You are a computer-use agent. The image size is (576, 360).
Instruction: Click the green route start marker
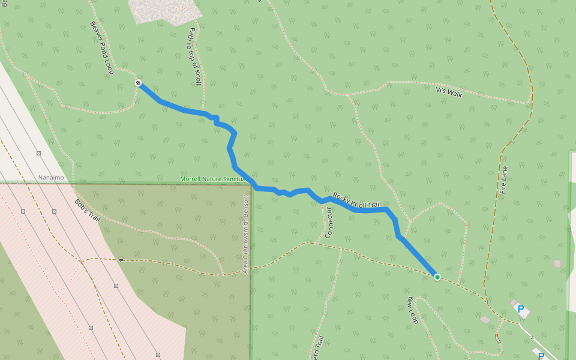(x=437, y=277)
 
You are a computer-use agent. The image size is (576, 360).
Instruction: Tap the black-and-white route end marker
(x=138, y=83)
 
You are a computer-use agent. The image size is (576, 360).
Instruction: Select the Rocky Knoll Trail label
(x=357, y=200)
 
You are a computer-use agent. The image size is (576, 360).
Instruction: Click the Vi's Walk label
(x=449, y=92)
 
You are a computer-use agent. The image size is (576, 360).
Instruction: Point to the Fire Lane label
(x=503, y=180)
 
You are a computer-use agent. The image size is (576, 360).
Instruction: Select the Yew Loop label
(x=412, y=310)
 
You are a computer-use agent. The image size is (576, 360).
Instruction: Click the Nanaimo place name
(x=51, y=178)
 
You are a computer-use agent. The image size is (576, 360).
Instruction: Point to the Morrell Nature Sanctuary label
(x=214, y=179)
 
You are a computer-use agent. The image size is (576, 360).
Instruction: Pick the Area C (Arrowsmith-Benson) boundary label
(x=245, y=234)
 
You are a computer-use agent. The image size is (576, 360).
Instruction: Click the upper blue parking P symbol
(x=521, y=310)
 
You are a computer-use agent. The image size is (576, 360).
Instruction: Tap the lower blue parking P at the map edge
(x=541, y=356)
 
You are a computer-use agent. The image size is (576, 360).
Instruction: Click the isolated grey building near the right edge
(x=557, y=263)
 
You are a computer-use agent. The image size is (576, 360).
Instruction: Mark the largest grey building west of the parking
(x=485, y=320)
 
